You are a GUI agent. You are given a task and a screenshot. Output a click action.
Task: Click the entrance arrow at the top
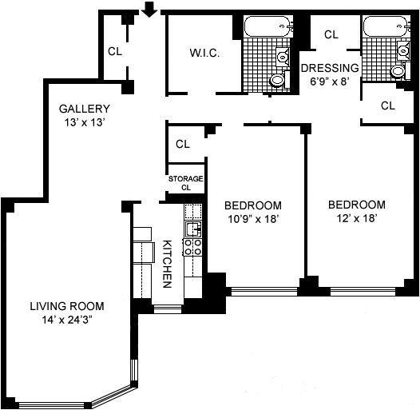coord(149,10)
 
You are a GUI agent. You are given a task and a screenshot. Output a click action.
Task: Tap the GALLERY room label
coord(85,109)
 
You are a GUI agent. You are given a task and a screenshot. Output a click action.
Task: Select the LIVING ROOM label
coord(67,306)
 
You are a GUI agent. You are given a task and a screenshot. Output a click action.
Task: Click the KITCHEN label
coord(167,264)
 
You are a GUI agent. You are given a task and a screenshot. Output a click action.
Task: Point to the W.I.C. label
coord(204,53)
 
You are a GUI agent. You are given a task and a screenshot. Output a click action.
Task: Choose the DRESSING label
coord(330,68)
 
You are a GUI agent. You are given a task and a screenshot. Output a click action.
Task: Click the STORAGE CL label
coord(185,183)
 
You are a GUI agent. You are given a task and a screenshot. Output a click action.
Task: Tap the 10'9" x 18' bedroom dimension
coord(254,219)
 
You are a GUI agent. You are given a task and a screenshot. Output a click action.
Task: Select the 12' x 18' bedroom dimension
coord(357,218)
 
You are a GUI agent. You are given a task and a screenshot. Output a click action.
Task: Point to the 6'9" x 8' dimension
coord(330,82)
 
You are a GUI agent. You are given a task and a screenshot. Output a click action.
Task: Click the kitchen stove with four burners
coord(193,247)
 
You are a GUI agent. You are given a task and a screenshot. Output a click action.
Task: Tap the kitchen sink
coord(193,229)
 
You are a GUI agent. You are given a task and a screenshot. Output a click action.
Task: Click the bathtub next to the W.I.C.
coord(267,26)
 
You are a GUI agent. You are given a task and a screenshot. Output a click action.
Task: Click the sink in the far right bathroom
coord(403,50)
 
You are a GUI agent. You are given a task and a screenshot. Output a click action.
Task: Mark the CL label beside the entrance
coord(115,51)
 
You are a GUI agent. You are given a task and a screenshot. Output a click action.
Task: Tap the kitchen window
coord(168,309)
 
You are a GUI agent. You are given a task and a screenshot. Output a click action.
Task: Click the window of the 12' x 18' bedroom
coord(363,292)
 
